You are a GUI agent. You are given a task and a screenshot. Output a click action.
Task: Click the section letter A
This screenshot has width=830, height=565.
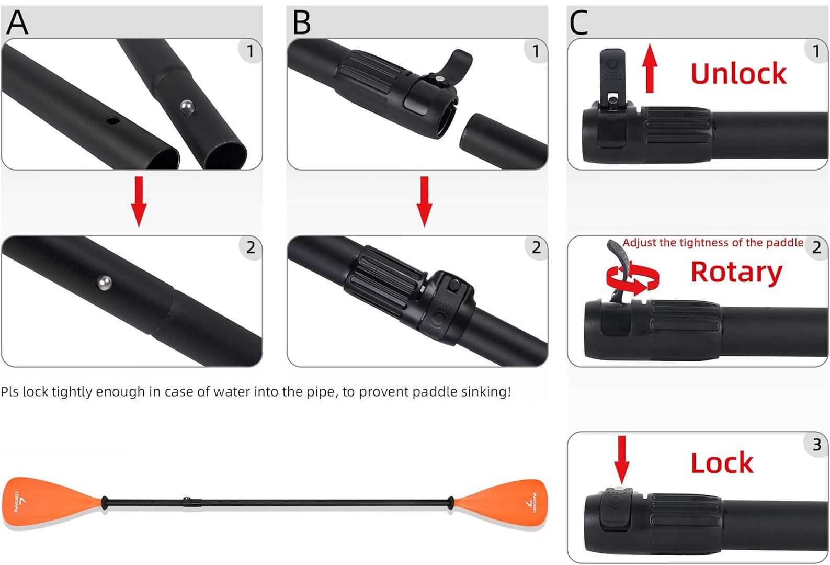17,22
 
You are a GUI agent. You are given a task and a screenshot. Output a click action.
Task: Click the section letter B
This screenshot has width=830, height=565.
302,22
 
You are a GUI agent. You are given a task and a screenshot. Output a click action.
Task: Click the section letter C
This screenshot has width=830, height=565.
578,22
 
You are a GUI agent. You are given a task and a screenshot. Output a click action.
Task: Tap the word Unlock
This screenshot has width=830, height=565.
738,73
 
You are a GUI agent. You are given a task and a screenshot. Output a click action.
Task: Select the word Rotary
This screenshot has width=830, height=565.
736,273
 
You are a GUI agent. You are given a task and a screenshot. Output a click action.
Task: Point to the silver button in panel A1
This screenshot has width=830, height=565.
187,108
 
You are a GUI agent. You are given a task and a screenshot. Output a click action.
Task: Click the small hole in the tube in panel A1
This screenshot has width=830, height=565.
112,121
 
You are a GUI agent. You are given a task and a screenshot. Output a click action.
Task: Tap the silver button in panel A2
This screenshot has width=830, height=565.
104,283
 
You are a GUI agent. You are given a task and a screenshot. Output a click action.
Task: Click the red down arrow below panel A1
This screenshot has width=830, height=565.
139,201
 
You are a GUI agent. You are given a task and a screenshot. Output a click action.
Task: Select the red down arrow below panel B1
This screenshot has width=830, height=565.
424,201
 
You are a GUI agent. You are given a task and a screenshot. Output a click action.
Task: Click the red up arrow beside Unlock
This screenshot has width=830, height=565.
650,68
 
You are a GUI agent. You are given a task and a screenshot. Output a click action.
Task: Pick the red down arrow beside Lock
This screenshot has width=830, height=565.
621,460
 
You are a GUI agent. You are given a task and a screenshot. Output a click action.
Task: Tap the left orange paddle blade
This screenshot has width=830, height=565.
52,502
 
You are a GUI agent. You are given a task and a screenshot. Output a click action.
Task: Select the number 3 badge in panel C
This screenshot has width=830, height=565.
816,445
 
